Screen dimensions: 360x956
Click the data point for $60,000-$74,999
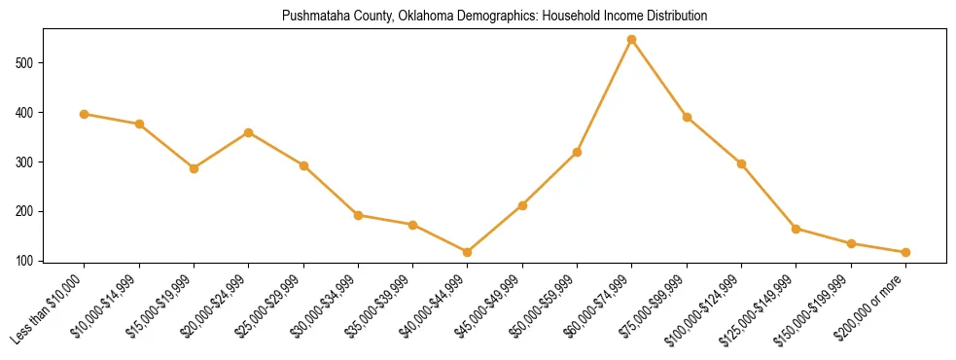pyautogui.click(x=632, y=40)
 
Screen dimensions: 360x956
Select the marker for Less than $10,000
pyautogui.click(x=85, y=114)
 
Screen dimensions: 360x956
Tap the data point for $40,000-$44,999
pyautogui.click(x=468, y=252)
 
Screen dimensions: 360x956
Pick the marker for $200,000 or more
pyautogui.click(x=905, y=252)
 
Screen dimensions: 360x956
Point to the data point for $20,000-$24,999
pyautogui.click(x=249, y=132)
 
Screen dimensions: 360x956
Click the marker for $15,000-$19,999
pyautogui.click(x=195, y=168)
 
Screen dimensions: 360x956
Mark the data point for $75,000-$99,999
pyautogui.click(x=687, y=117)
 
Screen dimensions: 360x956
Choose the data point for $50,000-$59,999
pyautogui.click(x=578, y=152)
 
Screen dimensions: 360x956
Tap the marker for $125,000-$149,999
pyautogui.click(x=797, y=229)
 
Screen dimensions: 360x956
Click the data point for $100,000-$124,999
pyautogui.click(x=742, y=163)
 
